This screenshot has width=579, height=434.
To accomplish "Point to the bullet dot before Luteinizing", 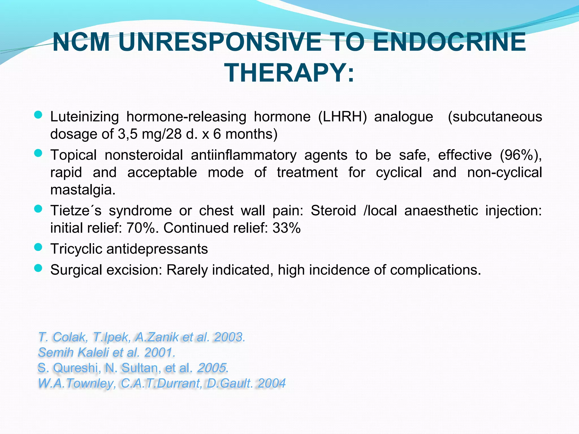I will point(38,115).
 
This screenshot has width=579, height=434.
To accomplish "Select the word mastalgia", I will point(83,190).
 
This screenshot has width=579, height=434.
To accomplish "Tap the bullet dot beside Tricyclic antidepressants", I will point(38,247).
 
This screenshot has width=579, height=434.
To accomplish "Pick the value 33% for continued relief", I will point(286,228).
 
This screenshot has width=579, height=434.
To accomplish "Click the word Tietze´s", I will point(76,211).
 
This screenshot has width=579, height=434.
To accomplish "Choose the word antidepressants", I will point(157,249).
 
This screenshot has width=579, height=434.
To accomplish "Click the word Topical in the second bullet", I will point(74,155).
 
